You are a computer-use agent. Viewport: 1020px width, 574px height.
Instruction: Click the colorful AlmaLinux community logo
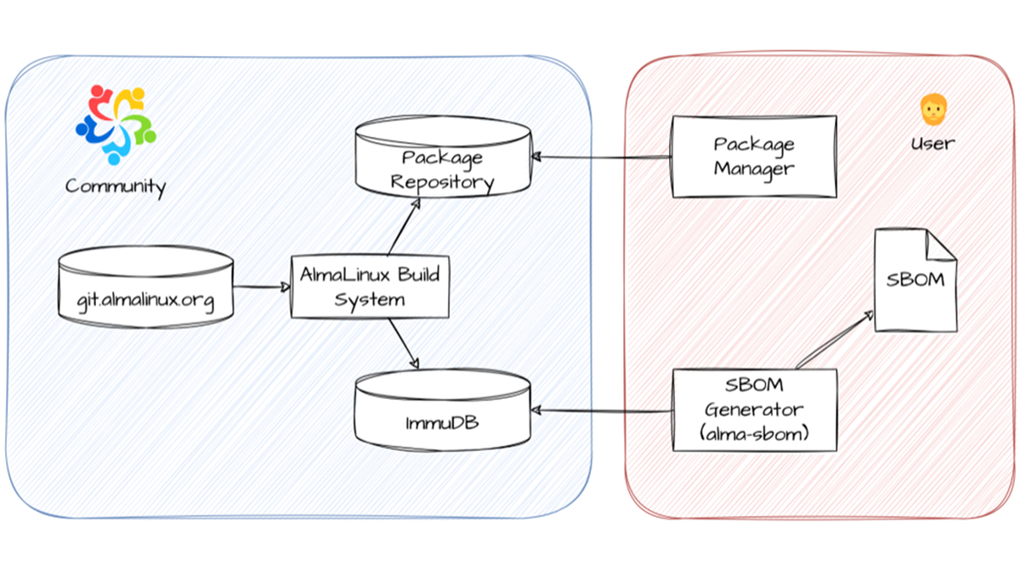click(116, 124)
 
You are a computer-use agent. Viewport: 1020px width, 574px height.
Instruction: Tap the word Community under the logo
click(116, 186)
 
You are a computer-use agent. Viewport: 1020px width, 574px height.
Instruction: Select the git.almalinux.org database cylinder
click(145, 287)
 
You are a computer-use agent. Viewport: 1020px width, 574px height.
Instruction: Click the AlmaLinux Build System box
click(369, 287)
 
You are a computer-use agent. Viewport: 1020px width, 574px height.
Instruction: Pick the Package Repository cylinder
click(443, 157)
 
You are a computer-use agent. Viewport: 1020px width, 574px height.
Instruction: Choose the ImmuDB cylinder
click(443, 411)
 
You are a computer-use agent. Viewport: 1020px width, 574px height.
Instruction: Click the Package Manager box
click(754, 156)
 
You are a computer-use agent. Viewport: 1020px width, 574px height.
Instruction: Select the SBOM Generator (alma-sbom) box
click(754, 409)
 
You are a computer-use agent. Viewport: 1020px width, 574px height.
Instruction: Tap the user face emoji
click(932, 110)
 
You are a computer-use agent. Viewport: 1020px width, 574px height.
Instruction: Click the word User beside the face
click(932, 143)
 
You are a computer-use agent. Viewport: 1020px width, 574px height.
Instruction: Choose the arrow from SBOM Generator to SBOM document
click(836, 338)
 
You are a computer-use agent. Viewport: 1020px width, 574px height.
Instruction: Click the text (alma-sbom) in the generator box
click(754, 432)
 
